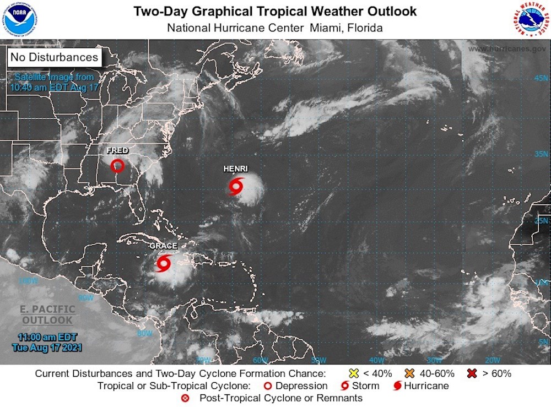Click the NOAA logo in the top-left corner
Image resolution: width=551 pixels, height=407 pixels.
20,19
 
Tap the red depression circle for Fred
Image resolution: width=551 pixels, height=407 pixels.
117,165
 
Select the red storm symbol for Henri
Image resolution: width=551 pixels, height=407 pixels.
236,187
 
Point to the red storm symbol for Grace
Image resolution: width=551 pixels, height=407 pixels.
164,263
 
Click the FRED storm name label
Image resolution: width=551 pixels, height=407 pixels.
117,150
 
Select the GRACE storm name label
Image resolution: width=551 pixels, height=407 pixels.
163,246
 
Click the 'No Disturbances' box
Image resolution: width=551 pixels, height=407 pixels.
54,57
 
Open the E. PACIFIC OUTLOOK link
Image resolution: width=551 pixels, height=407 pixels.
47,314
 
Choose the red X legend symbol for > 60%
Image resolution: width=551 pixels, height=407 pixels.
471,373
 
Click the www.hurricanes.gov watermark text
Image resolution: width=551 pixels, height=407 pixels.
507,48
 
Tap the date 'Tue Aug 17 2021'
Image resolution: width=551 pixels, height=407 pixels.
47,348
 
